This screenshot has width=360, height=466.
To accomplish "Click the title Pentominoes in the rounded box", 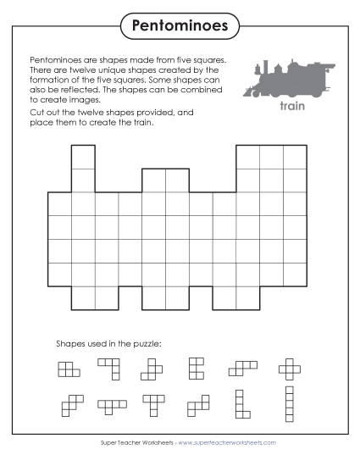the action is [180, 25].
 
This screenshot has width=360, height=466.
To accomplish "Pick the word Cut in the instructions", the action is [37, 113].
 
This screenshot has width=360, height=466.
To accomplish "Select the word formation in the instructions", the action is [50, 80].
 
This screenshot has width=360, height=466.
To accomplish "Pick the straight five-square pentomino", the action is [289, 404].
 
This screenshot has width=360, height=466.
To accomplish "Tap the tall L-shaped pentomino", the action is [241, 404].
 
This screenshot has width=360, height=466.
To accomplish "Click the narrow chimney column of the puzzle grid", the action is [83, 168].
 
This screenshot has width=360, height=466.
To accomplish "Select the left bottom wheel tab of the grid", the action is [95, 297].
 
